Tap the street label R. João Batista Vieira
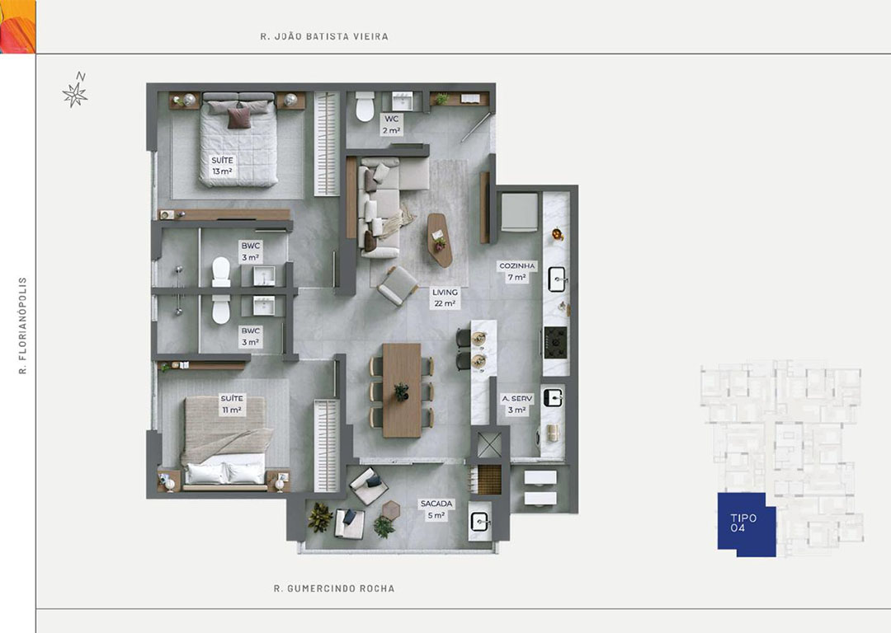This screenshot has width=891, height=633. pos(324,36)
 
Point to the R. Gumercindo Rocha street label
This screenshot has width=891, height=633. pos(334,588)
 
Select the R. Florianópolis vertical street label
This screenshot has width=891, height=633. pos(23,326)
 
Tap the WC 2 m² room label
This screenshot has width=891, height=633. pos(392,125)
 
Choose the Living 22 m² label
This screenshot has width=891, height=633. pos(445,298)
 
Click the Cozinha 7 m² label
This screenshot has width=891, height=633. pos(517,271)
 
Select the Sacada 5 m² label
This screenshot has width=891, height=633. pos(436,509)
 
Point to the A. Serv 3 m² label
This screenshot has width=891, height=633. pos(517,404)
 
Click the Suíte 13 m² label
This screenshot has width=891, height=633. pos(222,166)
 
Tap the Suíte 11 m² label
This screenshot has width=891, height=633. pos(232,404)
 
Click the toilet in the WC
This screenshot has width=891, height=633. pos(365,106)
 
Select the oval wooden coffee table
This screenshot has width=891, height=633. pos(440,240)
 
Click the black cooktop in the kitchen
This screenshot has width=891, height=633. pos(555,342)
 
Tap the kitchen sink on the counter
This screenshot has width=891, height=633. pos(558,279)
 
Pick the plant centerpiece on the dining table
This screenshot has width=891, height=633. pos(402,392)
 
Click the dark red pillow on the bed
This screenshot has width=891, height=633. pos(239,118)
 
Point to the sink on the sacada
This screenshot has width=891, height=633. pos(481,521)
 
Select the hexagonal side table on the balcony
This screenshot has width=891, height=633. pos(391,510)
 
